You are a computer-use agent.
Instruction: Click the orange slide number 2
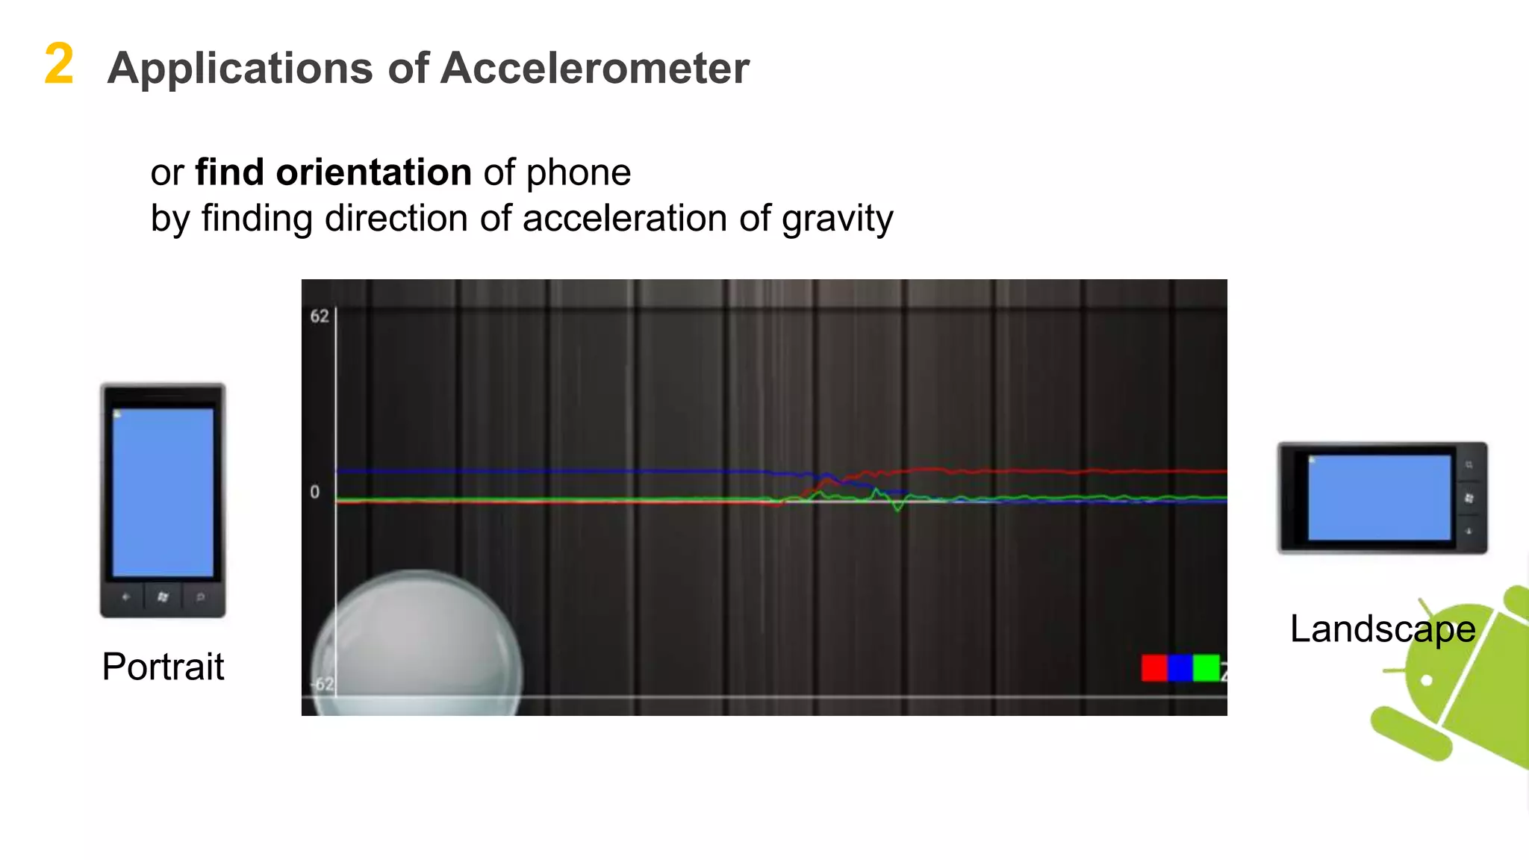pos(59,64)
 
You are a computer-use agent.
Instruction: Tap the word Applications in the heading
pos(240,69)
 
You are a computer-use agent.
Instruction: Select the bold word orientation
pos(373,172)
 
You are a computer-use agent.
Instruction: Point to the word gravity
pos(837,219)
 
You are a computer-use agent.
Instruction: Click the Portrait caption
pos(163,667)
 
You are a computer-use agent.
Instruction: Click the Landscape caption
pos(1382,629)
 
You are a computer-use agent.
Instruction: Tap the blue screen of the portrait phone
pos(163,493)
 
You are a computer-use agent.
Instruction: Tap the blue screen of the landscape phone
pos(1379,497)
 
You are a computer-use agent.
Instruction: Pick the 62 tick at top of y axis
pos(320,317)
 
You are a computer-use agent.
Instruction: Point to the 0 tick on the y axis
pos(315,492)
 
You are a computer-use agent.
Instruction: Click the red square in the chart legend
pos(1153,667)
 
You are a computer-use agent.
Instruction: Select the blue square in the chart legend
pos(1180,667)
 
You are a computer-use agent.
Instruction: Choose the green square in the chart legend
pos(1206,667)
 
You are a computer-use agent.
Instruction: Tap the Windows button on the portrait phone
pos(163,597)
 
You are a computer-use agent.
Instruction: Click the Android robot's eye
pos(1427,680)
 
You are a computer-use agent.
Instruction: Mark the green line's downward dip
pos(898,508)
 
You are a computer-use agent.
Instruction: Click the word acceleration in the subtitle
pos(624,219)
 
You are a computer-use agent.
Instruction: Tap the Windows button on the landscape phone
pos(1469,498)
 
